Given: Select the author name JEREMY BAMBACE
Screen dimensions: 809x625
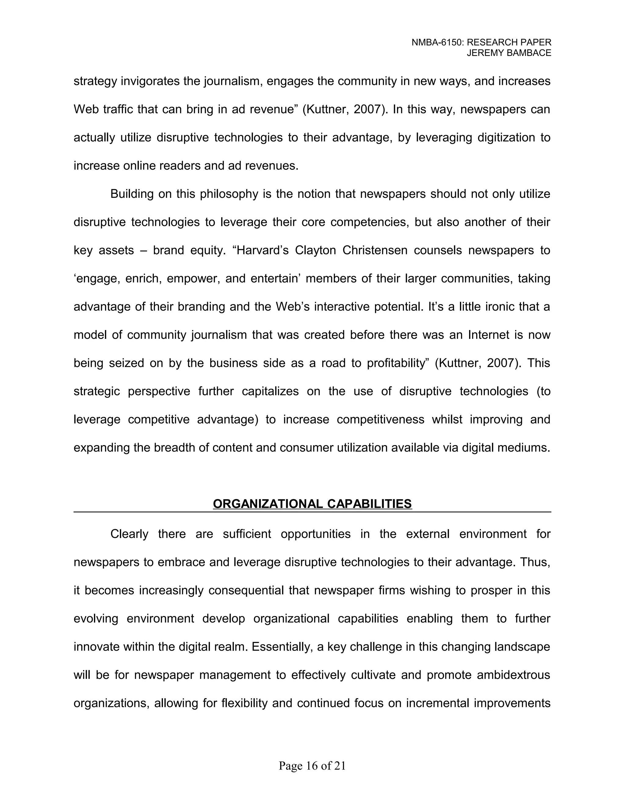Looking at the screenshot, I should tap(509, 53).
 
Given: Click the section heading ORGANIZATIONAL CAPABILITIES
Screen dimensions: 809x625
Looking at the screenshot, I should tap(312, 504).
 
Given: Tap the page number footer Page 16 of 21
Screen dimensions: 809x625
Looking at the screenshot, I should tap(312, 766).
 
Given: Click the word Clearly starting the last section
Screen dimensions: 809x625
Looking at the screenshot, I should tap(129, 534).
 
